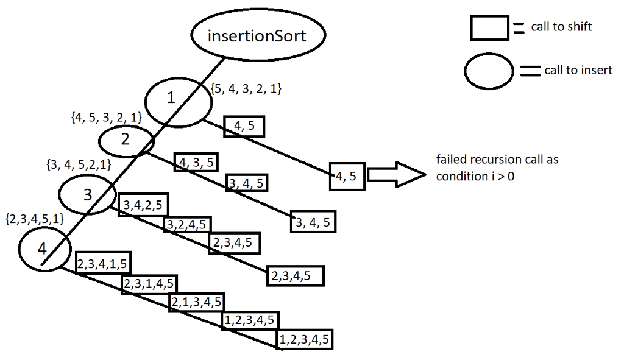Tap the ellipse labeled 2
pyautogui.click(x=126, y=139)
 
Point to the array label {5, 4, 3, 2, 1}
pyautogui.click(x=246, y=89)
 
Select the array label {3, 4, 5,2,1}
pyautogui.click(x=78, y=164)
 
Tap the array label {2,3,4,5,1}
pyautogui.click(x=35, y=218)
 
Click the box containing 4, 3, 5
pyautogui.click(x=196, y=162)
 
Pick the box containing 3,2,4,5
pyautogui.click(x=188, y=224)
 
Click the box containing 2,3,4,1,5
pyautogui.click(x=103, y=264)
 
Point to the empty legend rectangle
pyautogui.click(x=489, y=27)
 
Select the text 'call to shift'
pyautogui.click(x=561, y=27)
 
